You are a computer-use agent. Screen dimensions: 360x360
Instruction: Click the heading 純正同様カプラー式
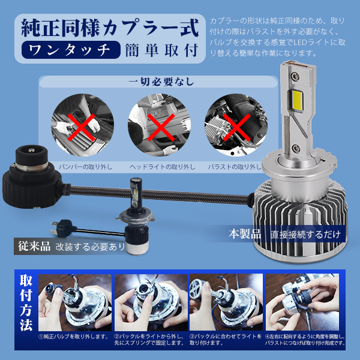109,28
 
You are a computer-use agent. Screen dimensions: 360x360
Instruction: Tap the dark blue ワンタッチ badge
71,50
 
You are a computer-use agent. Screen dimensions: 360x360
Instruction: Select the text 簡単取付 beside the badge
161,50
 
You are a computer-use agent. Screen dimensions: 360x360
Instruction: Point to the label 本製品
245,233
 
